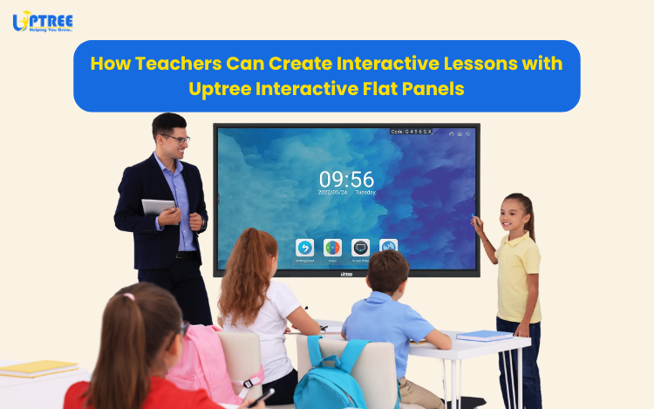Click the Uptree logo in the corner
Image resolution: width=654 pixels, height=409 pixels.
pyautogui.click(x=43, y=21)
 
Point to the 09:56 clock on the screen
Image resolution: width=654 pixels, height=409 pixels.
pyautogui.click(x=346, y=179)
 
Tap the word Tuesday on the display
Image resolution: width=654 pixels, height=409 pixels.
pyautogui.click(x=364, y=193)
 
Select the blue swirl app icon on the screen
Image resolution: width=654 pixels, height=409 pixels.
pyautogui.click(x=304, y=248)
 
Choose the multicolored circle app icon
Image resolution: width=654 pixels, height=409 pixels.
pyautogui.click(x=332, y=248)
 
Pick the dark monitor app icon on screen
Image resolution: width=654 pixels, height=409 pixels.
pyautogui.click(x=360, y=248)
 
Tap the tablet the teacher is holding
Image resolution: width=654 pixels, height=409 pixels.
pyautogui.click(x=159, y=207)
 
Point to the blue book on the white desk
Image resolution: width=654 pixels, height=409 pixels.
pyautogui.click(x=484, y=336)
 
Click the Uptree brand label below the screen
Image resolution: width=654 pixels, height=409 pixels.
pyautogui.click(x=345, y=272)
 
